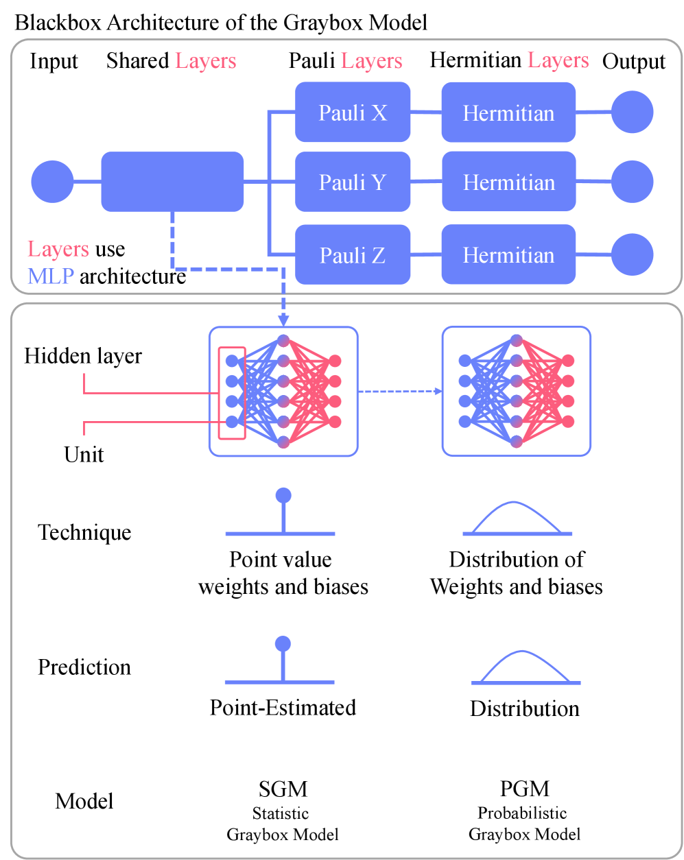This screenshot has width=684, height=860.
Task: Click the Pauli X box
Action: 353,112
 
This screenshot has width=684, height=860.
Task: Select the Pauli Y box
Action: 353,182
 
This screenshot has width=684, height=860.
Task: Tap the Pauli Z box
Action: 353,255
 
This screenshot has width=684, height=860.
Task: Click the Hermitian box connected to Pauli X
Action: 508,112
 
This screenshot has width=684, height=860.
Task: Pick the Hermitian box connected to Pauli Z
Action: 508,255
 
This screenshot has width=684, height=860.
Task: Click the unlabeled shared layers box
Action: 172,182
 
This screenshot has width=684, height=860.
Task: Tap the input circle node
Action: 52,182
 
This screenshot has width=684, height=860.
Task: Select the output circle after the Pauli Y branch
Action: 632,182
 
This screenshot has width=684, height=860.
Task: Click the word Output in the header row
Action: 633,62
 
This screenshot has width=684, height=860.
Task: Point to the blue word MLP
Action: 50,276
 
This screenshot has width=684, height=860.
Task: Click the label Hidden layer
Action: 83,356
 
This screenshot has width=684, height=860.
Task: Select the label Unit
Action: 84,455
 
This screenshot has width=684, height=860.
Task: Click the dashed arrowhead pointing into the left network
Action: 283,320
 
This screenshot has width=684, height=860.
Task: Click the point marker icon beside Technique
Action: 282,513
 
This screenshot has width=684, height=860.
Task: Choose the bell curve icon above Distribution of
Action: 517,518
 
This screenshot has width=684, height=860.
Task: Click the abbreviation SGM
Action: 283,789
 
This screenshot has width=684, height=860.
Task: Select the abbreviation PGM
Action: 524,789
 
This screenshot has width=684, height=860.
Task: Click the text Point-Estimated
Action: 283,708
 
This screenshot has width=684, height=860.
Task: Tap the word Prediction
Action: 84,667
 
